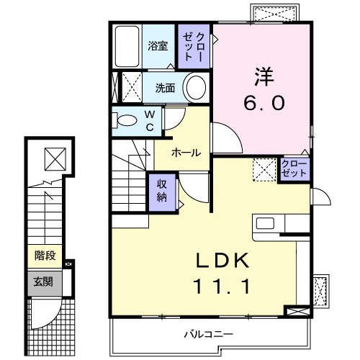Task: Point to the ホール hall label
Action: pyautogui.click(x=186, y=152)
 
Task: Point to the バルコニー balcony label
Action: pyautogui.click(x=207, y=334)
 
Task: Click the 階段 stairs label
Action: pyautogui.click(x=45, y=256)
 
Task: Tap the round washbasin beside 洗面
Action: pyautogui.click(x=194, y=88)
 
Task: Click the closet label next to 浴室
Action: pyautogui.click(x=192, y=46)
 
